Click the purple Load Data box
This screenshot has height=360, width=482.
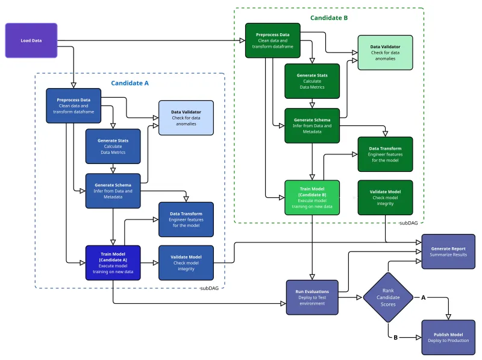(x=31, y=40)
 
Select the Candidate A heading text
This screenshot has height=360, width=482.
(x=130, y=83)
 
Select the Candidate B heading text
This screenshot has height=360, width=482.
(x=329, y=18)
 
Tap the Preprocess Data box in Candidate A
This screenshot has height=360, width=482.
(x=74, y=106)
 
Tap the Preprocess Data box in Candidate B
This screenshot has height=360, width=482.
(x=272, y=40)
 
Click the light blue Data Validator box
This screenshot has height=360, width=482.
(x=186, y=118)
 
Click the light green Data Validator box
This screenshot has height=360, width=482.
(x=385, y=52)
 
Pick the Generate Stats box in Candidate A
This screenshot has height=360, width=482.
(x=113, y=147)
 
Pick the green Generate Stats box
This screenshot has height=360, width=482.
(x=312, y=81)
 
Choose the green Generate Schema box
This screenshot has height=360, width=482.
(x=312, y=125)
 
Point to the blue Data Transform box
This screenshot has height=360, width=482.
(x=186, y=219)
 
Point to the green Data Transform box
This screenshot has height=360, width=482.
(x=385, y=154)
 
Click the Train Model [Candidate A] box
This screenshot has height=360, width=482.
(x=113, y=262)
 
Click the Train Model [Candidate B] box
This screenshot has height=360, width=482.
(x=312, y=197)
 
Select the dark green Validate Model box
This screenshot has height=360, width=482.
(x=385, y=197)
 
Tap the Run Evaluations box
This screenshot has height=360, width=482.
(x=312, y=297)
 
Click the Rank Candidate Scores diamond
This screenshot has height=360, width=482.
(x=387, y=297)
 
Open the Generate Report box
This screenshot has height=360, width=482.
(x=448, y=251)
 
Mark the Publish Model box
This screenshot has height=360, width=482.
(x=448, y=337)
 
